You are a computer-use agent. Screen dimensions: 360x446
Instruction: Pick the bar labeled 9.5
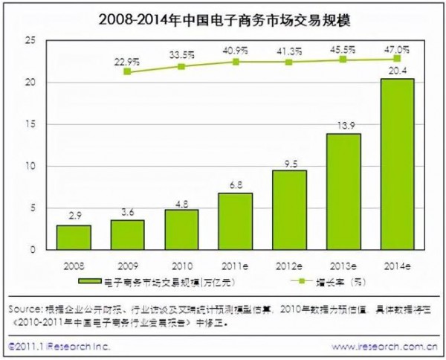coord(288,210)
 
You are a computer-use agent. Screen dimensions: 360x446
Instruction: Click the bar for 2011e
coord(235,221)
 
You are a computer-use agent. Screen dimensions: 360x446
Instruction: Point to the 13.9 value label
coord(343,126)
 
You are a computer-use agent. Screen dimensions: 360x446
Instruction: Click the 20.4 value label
coord(397,71)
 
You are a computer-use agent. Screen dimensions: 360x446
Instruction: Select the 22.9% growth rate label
coord(127,60)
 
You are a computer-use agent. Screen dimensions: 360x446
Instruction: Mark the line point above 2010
coord(181,66)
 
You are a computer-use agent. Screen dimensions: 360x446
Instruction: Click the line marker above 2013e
coord(343,60)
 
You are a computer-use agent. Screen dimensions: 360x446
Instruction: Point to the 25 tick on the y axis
coord(30,41)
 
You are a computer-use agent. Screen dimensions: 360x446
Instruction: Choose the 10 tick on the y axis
coord(30,166)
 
